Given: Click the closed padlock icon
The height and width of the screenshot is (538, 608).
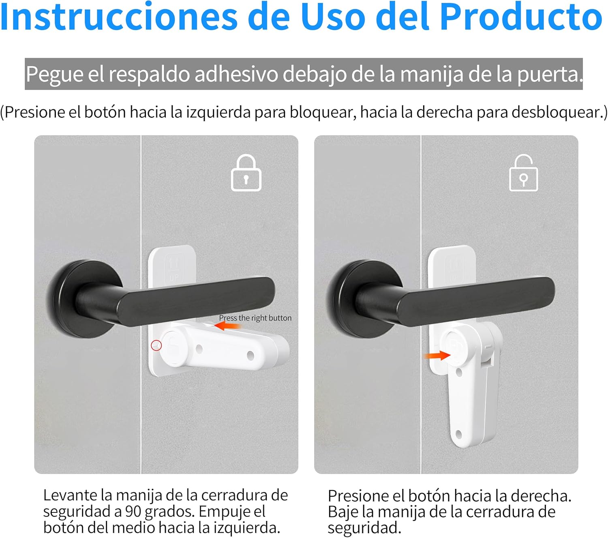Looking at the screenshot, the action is click(246, 173).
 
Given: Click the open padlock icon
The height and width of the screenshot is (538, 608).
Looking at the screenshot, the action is click(523, 173).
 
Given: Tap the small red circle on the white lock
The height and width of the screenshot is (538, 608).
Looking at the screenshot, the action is click(156, 345).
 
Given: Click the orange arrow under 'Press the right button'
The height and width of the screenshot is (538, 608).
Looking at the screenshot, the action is click(228, 326).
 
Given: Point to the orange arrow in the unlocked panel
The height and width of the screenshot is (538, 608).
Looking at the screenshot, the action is click(437, 356).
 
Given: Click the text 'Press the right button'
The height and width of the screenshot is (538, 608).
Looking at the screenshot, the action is click(255, 318).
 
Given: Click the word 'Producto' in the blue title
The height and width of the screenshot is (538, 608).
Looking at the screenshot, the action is click(521, 17).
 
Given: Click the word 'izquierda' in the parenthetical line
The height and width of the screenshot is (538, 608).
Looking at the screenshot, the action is click(218, 113).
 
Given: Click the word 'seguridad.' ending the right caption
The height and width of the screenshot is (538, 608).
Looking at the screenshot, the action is click(364, 528).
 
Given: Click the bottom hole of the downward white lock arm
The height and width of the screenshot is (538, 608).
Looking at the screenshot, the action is click(458, 434).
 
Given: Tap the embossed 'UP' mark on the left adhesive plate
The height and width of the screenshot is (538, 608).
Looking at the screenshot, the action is click(174, 278).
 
